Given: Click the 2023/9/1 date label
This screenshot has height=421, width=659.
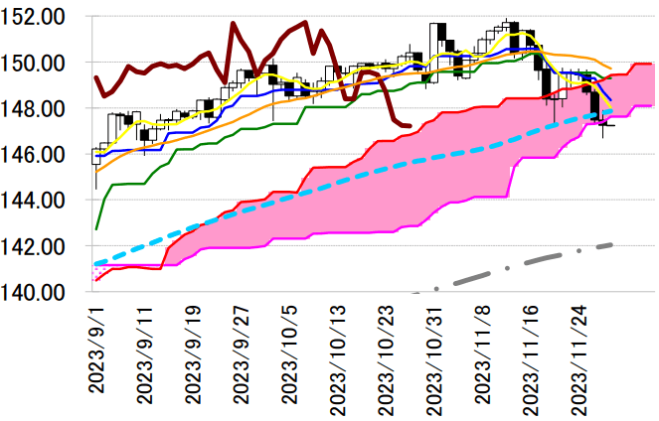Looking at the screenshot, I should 97,351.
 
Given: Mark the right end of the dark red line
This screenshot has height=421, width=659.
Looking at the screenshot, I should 411,125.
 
